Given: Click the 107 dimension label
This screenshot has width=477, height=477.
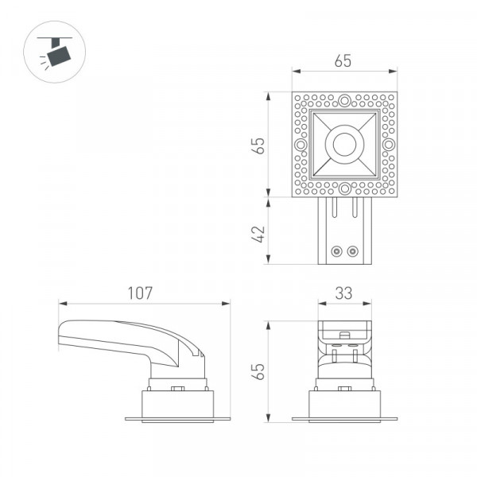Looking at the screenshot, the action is pyautogui.click(x=140, y=293).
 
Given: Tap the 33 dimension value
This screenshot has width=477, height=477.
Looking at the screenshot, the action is pyautogui.click(x=343, y=293).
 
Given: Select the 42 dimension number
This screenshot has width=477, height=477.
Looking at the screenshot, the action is pyautogui.click(x=258, y=234).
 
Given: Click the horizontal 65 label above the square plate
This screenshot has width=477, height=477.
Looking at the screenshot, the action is pyautogui.click(x=343, y=61).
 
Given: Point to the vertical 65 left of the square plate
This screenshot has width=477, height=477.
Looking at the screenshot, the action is pyautogui.click(x=258, y=146).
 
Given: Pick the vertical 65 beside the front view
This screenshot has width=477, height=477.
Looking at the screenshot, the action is pyautogui.click(x=258, y=371).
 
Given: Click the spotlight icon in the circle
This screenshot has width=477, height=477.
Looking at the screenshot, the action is pyautogui.click(x=55, y=52).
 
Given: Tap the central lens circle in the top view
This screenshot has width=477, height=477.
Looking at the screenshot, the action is pyautogui.click(x=345, y=144).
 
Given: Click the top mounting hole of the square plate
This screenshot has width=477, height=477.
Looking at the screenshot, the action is pyautogui.click(x=344, y=100).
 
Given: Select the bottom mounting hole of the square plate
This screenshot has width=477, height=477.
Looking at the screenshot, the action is pyautogui.click(x=345, y=188).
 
